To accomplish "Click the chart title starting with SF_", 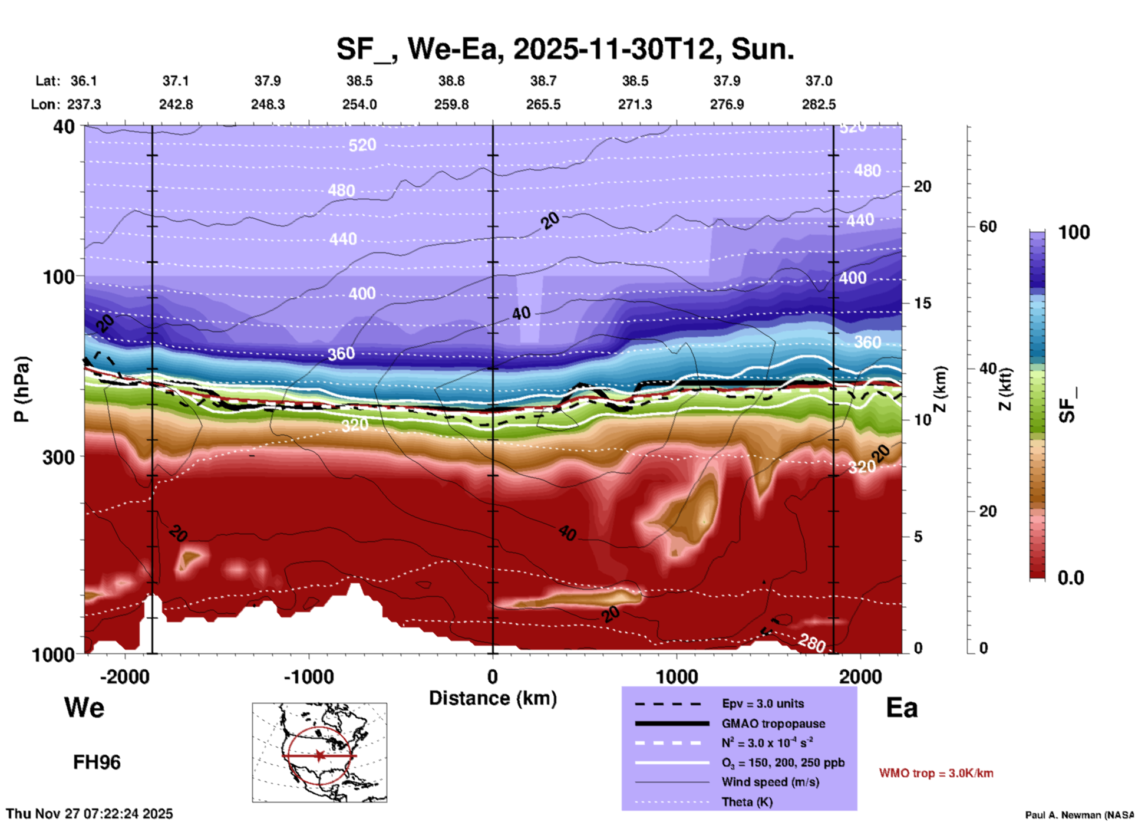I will click(565, 48).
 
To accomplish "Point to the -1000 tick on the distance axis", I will click(308, 676).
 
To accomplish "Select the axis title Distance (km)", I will click(493, 698).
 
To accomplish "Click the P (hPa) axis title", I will click(22, 389).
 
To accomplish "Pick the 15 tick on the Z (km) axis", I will click(922, 303).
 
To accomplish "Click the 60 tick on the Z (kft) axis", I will click(988, 227).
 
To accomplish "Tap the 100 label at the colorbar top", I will click(1074, 232).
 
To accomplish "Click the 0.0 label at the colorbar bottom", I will click(1071, 578).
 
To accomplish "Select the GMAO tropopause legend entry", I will click(773, 724).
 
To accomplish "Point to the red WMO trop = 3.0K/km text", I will click(936, 773).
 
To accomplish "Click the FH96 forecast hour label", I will click(97, 762).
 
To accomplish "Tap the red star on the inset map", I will click(319, 755).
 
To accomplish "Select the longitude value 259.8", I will click(451, 104).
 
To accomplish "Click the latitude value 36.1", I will click(84, 81).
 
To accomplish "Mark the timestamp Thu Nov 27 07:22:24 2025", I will click(90, 814).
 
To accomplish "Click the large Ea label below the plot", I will click(902, 708).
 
